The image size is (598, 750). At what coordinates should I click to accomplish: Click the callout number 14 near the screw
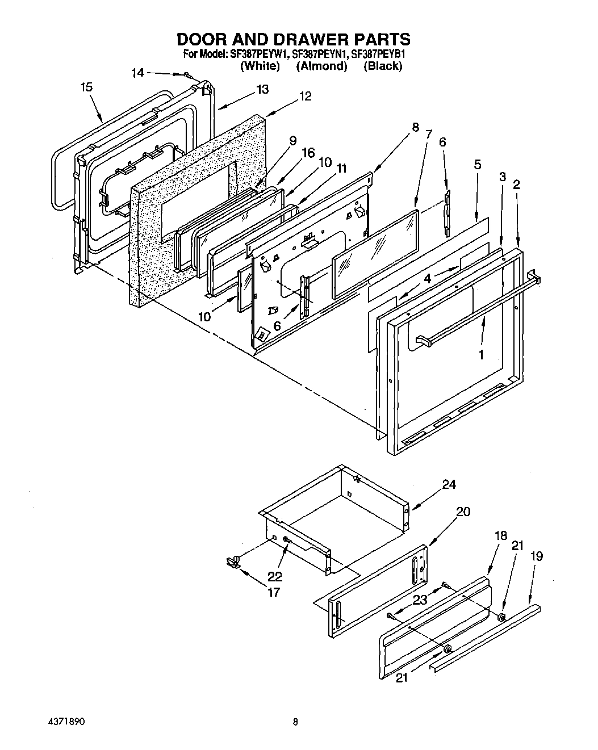pos(137,73)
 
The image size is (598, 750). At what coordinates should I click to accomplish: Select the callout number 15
pos(86,87)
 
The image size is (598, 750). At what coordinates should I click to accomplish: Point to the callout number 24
pos(449,484)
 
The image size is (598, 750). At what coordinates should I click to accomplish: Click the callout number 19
pos(536,556)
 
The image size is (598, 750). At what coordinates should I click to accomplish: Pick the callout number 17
pos(274,592)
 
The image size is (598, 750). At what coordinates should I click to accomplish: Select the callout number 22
pos(275,576)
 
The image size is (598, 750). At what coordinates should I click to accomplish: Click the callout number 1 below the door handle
pos(481,355)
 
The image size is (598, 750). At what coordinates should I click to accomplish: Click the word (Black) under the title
pos(383,66)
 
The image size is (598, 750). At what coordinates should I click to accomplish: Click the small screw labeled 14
pos(186,75)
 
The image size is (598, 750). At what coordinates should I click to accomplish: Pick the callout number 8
pos(415,127)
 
